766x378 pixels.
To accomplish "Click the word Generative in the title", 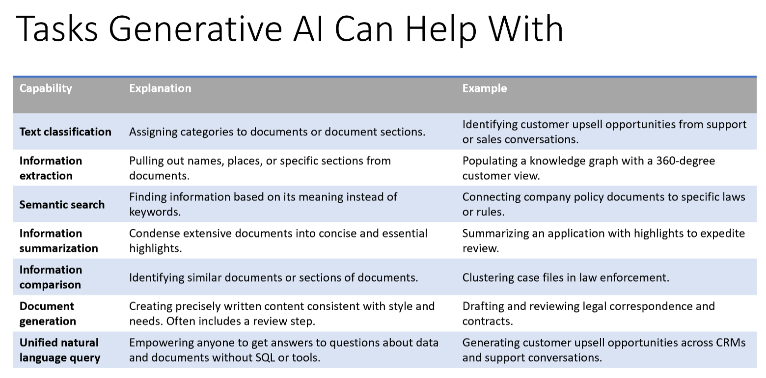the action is pyautogui.click(x=195, y=28).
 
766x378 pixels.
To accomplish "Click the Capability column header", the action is pyautogui.click(x=46, y=88).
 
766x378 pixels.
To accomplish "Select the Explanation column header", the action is pyautogui.click(x=160, y=88).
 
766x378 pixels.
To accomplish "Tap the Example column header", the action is pyautogui.click(x=485, y=88).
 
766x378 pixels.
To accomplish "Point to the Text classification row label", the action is pyautogui.click(x=65, y=132).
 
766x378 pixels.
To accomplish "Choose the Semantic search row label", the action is pyautogui.click(x=62, y=204).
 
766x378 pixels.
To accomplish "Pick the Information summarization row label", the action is pyautogui.click(x=58, y=241).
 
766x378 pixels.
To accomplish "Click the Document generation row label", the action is pyautogui.click(x=48, y=313).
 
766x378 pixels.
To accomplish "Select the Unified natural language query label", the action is pyautogui.click(x=60, y=350).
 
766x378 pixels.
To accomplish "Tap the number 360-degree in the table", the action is pyautogui.click(x=685, y=161).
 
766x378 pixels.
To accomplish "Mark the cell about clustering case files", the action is pyautogui.click(x=566, y=277).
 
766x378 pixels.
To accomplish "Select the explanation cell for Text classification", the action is pyautogui.click(x=277, y=132).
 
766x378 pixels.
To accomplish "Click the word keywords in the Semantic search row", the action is pyautogui.click(x=155, y=212).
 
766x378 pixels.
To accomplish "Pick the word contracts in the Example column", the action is pyautogui.click(x=488, y=321).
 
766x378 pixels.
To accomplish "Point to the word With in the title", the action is pyautogui.click(x=525, y=28).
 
